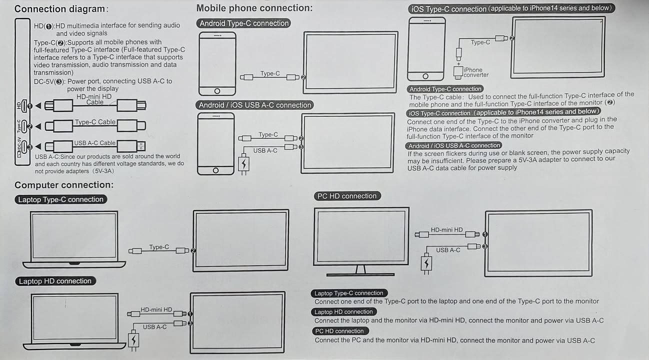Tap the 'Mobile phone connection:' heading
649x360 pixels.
(254, 8)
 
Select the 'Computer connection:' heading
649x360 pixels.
(64, 185)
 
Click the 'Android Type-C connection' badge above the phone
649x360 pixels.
(244, 23)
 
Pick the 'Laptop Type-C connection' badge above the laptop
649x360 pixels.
(61, 199)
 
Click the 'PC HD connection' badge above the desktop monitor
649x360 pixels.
(347, 196)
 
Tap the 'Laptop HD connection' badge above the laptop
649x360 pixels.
(55, 281)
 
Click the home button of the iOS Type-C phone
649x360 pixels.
(425, 76)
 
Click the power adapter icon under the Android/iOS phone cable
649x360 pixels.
(243, 164)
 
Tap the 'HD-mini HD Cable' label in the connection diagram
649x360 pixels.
(94, 99)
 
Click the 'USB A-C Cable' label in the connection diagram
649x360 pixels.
(94, 143)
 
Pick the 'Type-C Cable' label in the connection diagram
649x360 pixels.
(95, 122)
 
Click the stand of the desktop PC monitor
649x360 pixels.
(360, 270)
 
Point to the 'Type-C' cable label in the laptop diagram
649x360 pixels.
(159, 247)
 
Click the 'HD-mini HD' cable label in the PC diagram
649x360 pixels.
(446, 230)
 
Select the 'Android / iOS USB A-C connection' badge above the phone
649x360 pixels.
(255, 105)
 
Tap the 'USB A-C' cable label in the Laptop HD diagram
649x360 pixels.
(155, 327)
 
